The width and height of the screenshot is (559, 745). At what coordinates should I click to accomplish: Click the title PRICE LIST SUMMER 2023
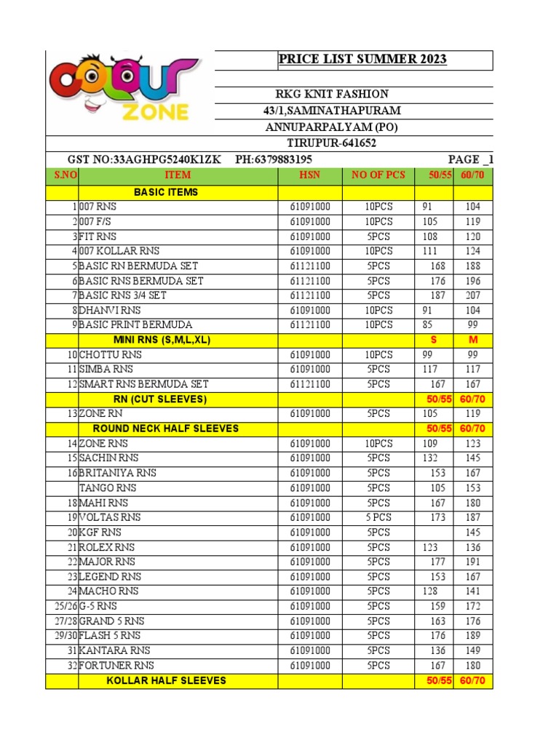[x=362, y=59]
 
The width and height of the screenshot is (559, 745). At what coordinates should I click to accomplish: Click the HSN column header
[x=309, y=175]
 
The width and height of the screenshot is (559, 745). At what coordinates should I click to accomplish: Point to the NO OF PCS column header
[x=378, y=175]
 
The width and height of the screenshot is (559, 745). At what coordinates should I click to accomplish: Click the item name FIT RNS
[x=98, y=236]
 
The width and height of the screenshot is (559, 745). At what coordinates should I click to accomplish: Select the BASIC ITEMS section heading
[x=166, y=192]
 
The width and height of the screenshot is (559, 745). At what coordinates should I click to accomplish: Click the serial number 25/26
[x=65, y=606]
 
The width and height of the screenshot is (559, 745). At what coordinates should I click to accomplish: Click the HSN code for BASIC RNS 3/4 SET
[x=309, y=295]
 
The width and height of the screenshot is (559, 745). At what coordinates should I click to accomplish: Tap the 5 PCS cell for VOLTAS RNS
[x=378, y=517]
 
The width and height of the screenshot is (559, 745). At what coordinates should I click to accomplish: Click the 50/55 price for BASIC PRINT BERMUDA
[x=431, y=324]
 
